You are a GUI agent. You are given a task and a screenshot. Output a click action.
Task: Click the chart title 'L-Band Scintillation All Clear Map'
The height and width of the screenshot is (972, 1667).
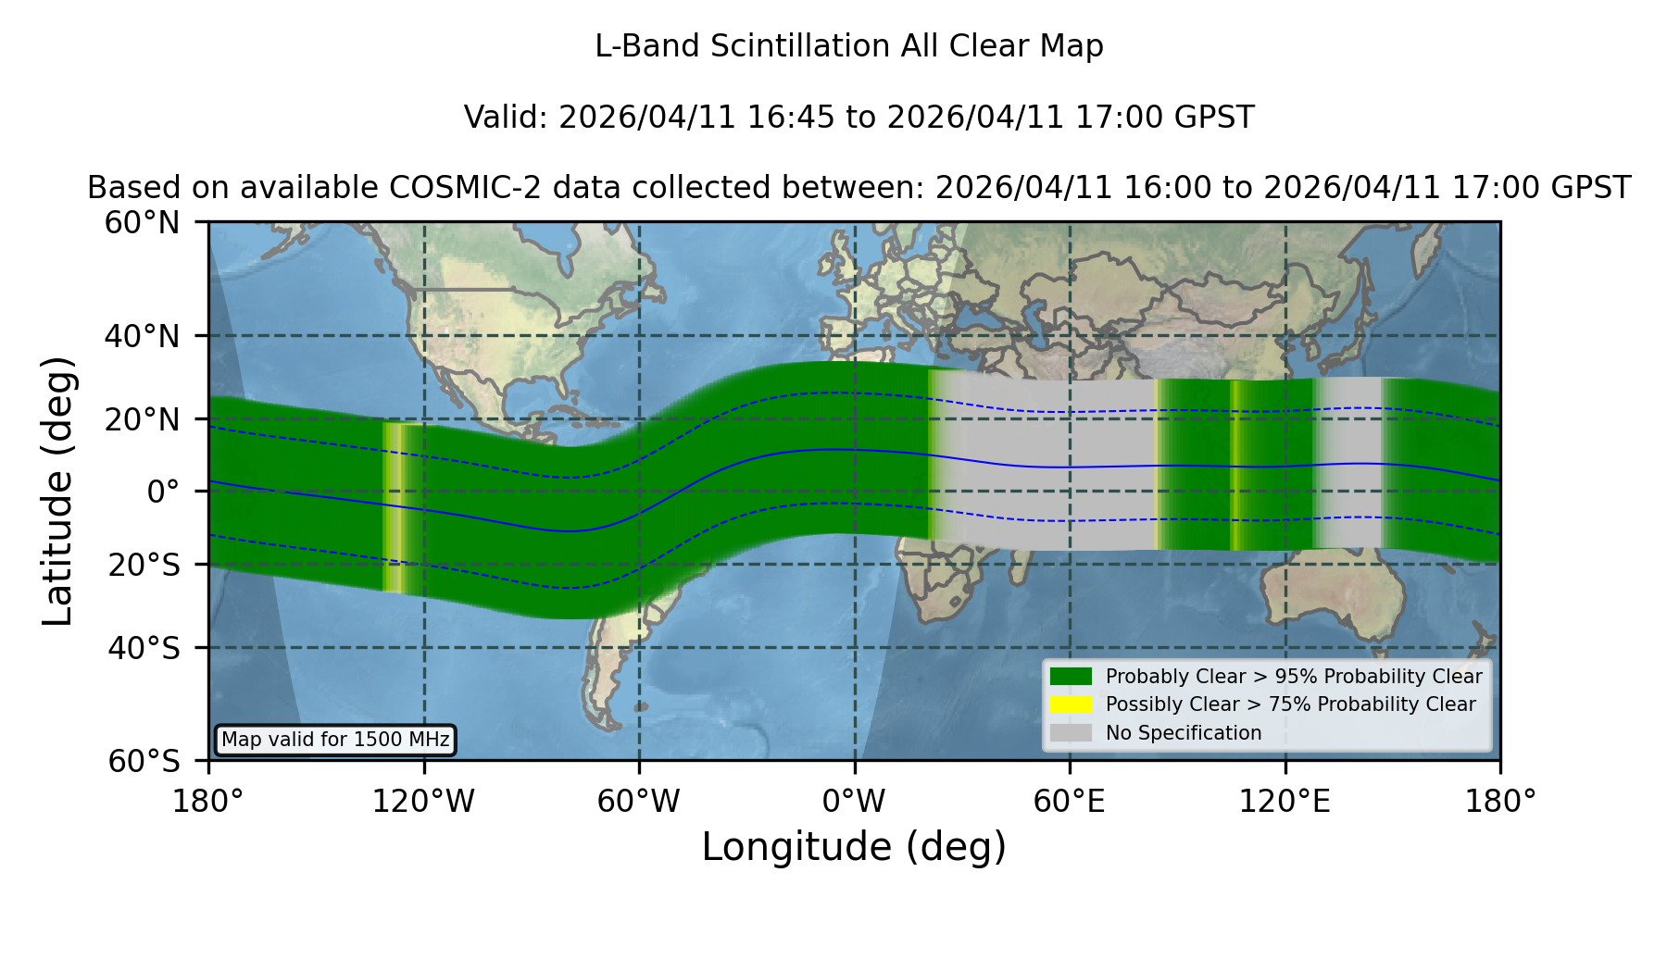[848, 46]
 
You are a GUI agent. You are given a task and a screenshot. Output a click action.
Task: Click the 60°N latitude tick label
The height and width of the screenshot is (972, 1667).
[142, 223]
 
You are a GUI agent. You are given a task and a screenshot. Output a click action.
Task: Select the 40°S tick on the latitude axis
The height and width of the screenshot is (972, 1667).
[144, 648]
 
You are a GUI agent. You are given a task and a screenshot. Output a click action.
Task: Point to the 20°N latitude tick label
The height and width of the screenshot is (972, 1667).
[142, 419]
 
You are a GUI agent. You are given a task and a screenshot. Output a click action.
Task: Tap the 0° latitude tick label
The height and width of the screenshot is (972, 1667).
[163, 492]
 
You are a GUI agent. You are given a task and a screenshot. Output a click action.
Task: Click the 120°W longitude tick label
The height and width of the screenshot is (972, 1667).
[423, 802]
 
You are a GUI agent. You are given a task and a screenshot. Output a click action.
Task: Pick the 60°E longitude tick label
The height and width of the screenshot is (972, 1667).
[1070, 802]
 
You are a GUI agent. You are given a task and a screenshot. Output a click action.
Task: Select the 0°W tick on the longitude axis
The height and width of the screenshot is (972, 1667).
[854, 802]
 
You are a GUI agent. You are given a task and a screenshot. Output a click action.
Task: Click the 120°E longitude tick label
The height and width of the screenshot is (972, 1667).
[1285, 802]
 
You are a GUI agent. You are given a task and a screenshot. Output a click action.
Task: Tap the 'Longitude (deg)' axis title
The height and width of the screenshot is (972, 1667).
[854, 847]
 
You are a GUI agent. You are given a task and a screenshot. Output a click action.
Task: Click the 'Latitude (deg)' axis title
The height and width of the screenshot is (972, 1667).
[58, 491]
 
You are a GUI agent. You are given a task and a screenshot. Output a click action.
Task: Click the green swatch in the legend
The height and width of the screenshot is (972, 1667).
[1071, 677]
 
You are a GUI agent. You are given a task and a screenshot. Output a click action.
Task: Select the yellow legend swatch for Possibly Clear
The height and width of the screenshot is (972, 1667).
[1071, 704]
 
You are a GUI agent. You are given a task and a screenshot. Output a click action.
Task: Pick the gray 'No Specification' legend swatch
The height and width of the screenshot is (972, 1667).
[1071, 733]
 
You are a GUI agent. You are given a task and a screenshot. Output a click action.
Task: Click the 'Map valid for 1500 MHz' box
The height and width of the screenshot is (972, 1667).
[335, 740]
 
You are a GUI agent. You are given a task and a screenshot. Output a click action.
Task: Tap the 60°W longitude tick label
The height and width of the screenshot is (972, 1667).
[639, 802]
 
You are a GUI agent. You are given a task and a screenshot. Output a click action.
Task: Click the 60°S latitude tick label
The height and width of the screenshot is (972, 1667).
[144, 761]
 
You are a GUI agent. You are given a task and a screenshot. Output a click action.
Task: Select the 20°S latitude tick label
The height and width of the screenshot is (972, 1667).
[144, 565]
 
